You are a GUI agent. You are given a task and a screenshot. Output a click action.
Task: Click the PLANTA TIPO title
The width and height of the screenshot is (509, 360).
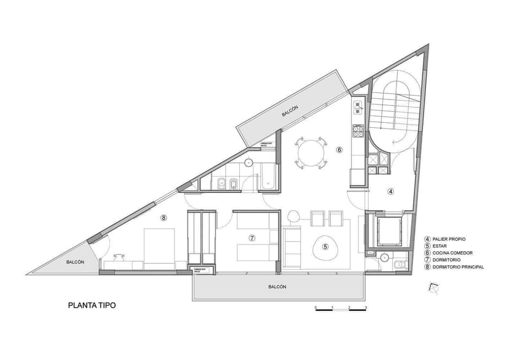point(92,304)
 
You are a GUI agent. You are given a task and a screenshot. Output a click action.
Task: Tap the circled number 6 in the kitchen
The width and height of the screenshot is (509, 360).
point(339,149)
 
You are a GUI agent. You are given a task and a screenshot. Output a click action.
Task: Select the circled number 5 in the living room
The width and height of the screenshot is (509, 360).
point(325,247)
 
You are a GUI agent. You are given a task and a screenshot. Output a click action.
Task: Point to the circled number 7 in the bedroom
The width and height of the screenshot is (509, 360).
point(251,237)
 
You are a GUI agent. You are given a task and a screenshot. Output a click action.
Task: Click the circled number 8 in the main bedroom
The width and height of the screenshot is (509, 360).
point(164,217)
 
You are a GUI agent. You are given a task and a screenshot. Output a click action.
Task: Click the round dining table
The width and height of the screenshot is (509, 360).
point(310,152)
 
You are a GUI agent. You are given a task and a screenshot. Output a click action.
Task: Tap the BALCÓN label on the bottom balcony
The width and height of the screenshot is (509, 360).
point(278,287)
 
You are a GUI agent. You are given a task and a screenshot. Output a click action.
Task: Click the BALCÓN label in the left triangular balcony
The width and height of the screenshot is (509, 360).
point(76,263)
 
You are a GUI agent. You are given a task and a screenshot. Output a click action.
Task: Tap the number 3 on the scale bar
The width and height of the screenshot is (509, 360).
point(366,307)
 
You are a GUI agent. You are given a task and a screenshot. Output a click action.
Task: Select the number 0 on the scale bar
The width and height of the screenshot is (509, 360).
point(315,307)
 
